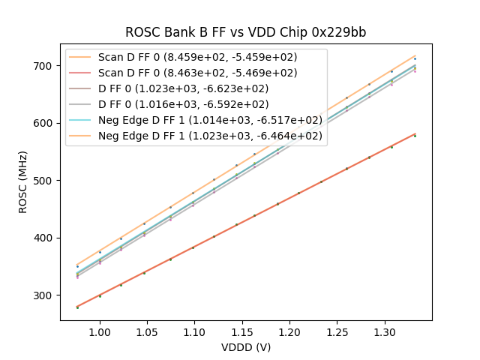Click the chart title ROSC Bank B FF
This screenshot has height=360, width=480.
pyautogui.click(x=245, y=32)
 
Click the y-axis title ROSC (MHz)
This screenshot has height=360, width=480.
pyautogui.click(x=23, y=180)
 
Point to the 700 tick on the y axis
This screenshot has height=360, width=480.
pyautogui.click(x=45, y=66)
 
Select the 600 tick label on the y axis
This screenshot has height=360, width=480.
pyautogui.click(x=45, y=123)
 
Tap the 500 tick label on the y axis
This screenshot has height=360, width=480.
pyautogui.click(x=45, y=181)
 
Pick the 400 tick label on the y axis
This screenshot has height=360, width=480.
pyautogui.click(x=45, y=238)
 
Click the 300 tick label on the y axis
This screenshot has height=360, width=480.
pyautogui.click(x=45, y=295)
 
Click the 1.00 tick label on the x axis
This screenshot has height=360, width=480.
pyautogui.click(x=99, y=331)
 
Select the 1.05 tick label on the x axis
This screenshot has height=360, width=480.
pyautogui.click(x=147, y=331)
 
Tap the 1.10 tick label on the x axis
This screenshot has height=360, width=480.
pyautogui.click(x=194, y=331)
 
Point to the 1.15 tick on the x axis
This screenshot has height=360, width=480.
pyautogui.click(x=242, y=331)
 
